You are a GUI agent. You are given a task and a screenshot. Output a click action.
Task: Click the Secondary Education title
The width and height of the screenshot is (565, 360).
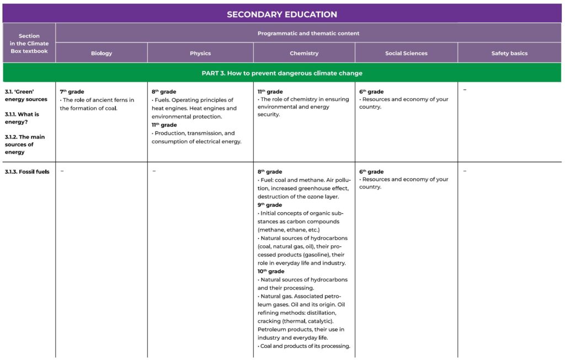282,14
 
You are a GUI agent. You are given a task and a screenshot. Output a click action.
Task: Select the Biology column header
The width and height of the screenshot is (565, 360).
102,53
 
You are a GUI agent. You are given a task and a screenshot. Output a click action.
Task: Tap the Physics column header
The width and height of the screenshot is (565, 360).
200,53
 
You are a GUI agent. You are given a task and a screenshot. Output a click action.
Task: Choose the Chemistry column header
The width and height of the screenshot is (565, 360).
304,53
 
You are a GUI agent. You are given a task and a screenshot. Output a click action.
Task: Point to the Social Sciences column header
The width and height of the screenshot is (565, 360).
406,53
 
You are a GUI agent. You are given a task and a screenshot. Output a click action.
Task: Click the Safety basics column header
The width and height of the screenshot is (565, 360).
509,53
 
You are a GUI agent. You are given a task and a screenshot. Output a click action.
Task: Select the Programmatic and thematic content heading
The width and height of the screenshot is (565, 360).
308,34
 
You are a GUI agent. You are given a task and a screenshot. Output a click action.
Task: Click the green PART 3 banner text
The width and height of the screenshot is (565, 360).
282,73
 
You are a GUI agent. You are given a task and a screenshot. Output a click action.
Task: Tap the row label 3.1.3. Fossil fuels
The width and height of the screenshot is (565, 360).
27,171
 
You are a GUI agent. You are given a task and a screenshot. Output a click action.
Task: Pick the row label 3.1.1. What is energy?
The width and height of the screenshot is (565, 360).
22,118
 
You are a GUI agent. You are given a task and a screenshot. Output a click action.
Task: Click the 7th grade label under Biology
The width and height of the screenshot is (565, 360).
72,92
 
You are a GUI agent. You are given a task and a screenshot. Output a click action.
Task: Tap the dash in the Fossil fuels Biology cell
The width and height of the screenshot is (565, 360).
62,171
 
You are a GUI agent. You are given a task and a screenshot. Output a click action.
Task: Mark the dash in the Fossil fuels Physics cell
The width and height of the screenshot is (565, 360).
154,171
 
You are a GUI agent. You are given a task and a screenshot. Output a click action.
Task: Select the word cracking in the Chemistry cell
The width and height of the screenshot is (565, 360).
271,321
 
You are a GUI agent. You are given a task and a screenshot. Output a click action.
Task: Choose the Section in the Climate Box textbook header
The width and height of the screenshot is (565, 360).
29,44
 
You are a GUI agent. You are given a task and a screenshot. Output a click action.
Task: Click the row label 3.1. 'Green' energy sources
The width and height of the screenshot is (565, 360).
26,95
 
